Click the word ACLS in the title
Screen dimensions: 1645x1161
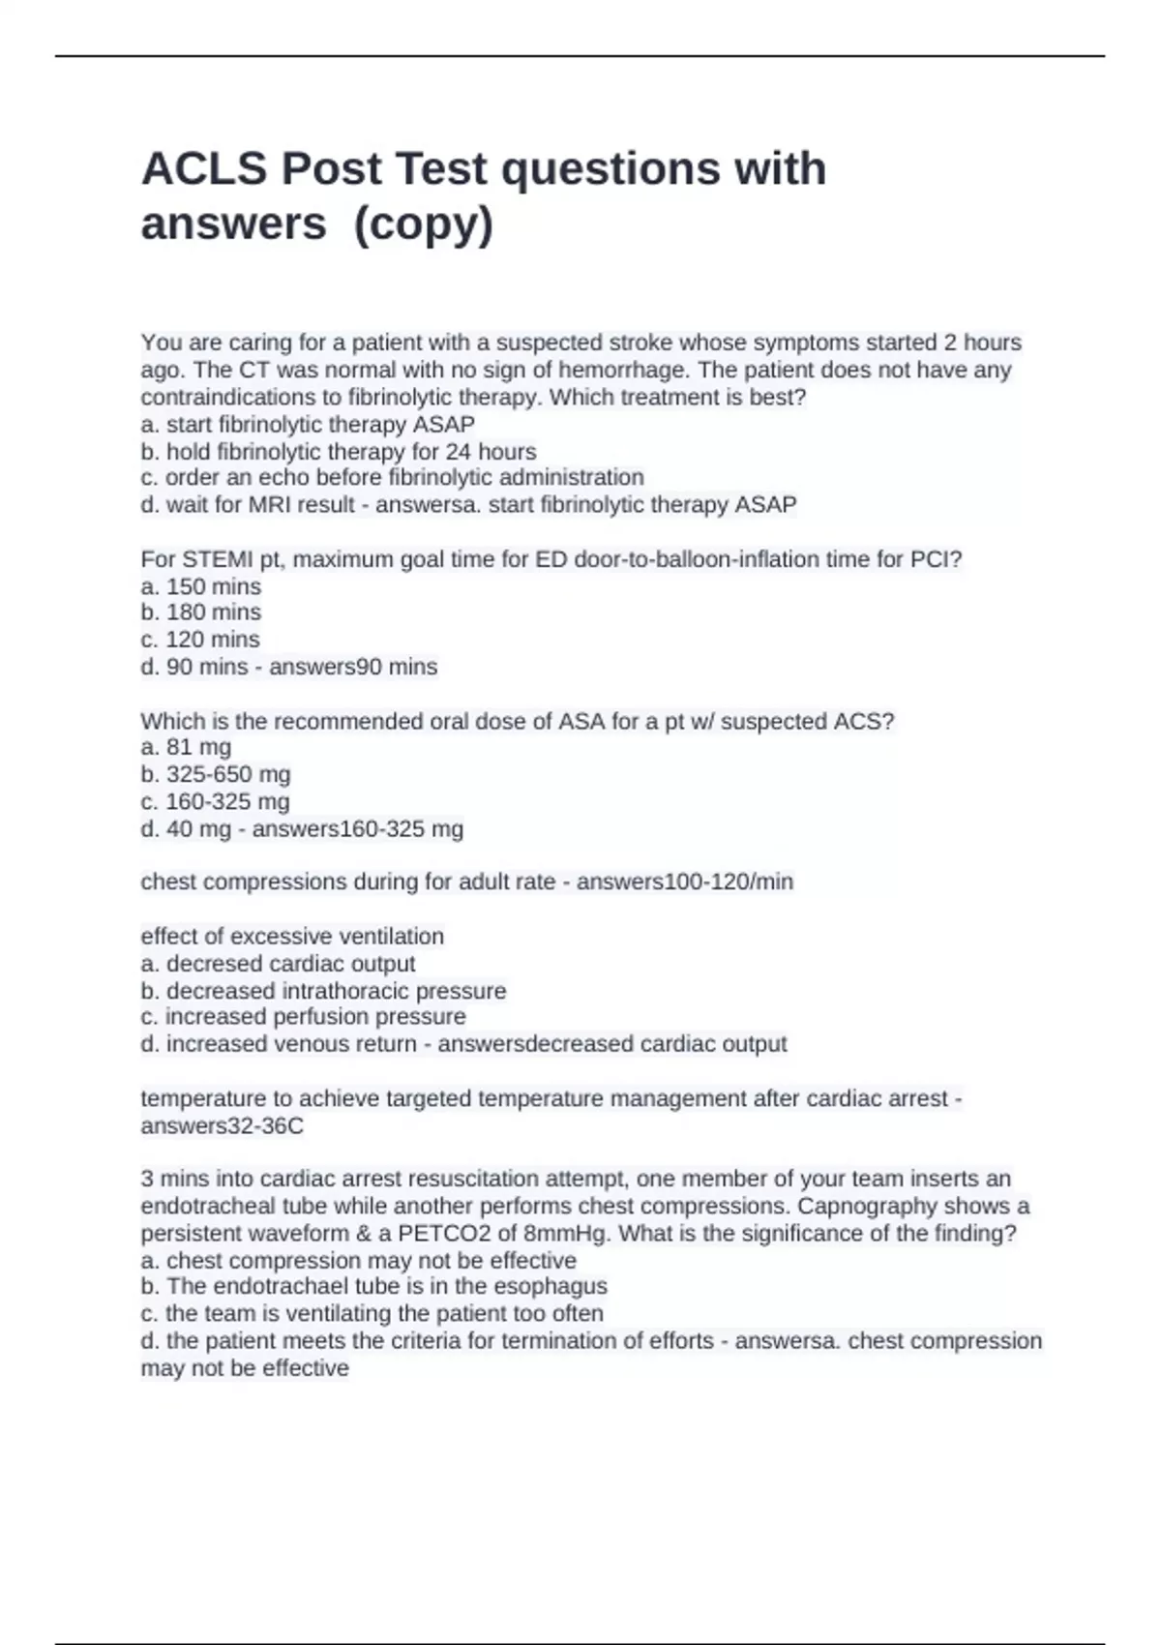tap(203, 169)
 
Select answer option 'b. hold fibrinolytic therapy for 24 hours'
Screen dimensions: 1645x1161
tap(339, 452)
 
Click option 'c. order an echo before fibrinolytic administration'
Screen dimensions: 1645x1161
tap(392, 478)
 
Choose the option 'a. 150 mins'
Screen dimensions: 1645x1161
tap(201, 586)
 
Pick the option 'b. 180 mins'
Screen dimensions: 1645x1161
tap(201, 613)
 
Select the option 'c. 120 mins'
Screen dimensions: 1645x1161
tap(200, 640)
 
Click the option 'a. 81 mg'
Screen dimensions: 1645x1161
tap(186, 747)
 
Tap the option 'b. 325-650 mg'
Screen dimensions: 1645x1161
tap(216, 774)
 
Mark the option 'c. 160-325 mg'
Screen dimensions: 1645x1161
tap(215, 801)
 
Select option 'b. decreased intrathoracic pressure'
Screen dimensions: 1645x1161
tap(323, 991)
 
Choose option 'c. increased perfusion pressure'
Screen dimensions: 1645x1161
tap(303, 1017)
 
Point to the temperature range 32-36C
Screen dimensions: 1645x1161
tap(262, 1126)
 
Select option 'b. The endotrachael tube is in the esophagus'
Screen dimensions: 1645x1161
tap(373, 1287)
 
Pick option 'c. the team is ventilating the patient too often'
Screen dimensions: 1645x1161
tap(372, 1314)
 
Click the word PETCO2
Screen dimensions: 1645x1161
tap(448, 1234)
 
